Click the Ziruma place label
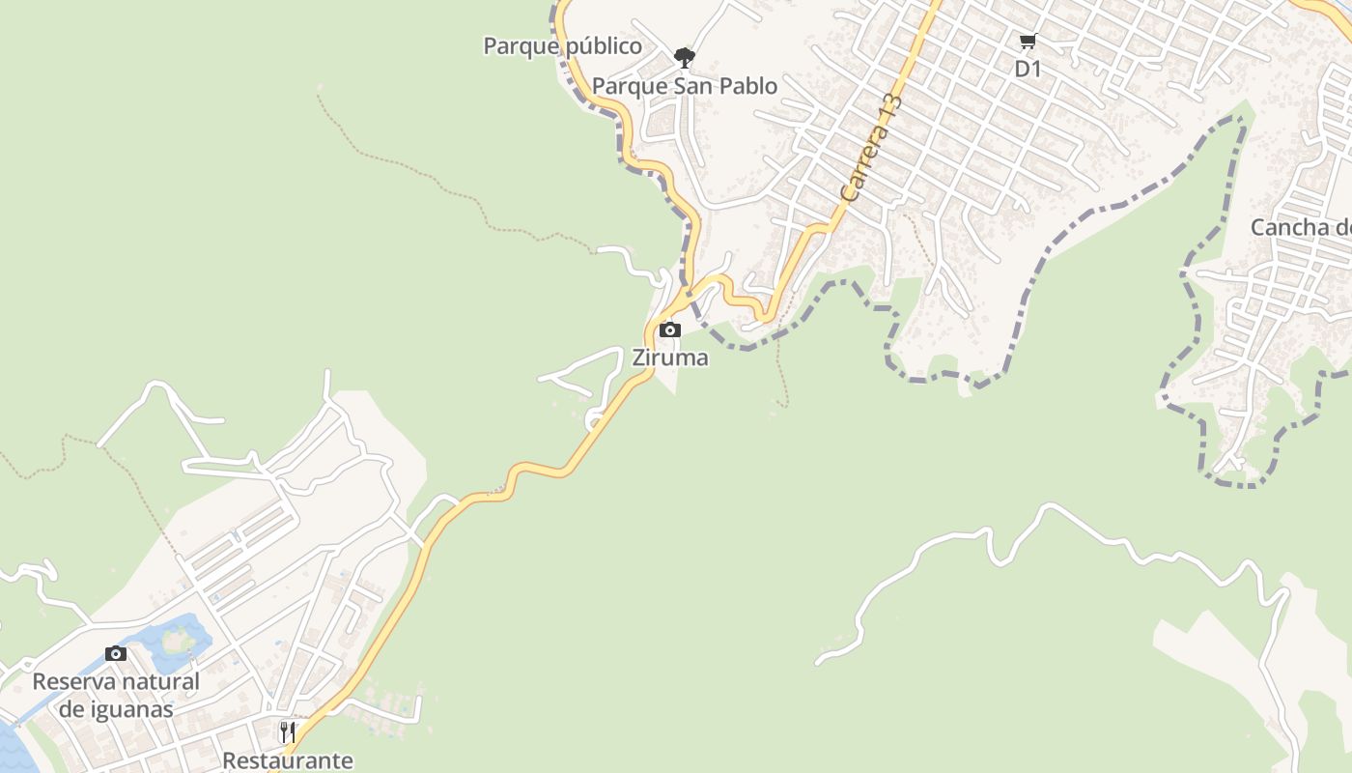coord(670,358)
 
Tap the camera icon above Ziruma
coord(670,330)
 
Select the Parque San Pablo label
coord(684,86)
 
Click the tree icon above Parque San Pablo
coord(685,58)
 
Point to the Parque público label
coord(562,45)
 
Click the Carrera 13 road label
coord(870,147)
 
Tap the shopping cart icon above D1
coord(1028,42)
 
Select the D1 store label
coord(1028,69)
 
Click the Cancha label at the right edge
coord(1300,227)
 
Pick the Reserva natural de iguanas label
coord(116,695)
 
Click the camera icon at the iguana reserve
coord(116,654)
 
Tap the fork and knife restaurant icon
coord(287,731)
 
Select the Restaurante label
coord(288,760)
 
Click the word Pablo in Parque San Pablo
coord(746,86)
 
